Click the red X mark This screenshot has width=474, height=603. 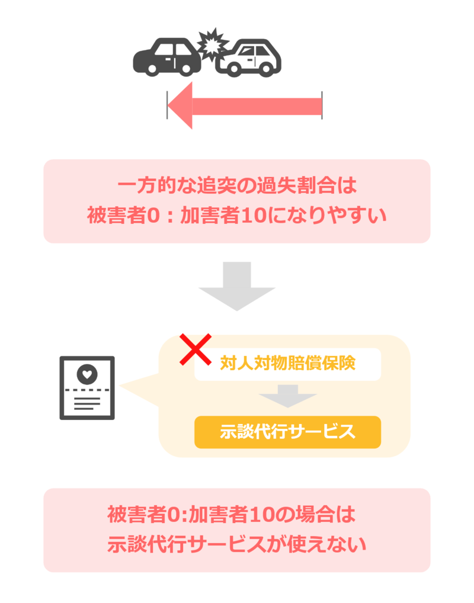point(196,349)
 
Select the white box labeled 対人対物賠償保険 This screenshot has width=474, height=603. point(287,363)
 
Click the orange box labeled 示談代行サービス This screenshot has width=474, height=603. point(287,432)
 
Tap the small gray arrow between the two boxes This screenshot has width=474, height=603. point(287,396)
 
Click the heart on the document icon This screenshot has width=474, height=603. point(87,374)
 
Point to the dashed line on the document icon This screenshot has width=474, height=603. point(87,390)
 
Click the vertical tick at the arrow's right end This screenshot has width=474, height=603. point(322,105)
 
